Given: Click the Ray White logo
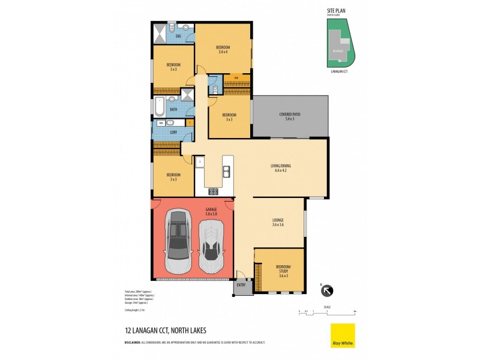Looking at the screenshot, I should pos(343,335).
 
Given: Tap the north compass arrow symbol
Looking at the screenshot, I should pos(328,291).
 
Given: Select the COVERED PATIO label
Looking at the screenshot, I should pos(290,116).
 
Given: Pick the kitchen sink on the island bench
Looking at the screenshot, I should pos(226,172).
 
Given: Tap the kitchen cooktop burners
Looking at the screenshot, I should pos(213,191).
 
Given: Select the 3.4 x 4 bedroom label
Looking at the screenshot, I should pos(223,50).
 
